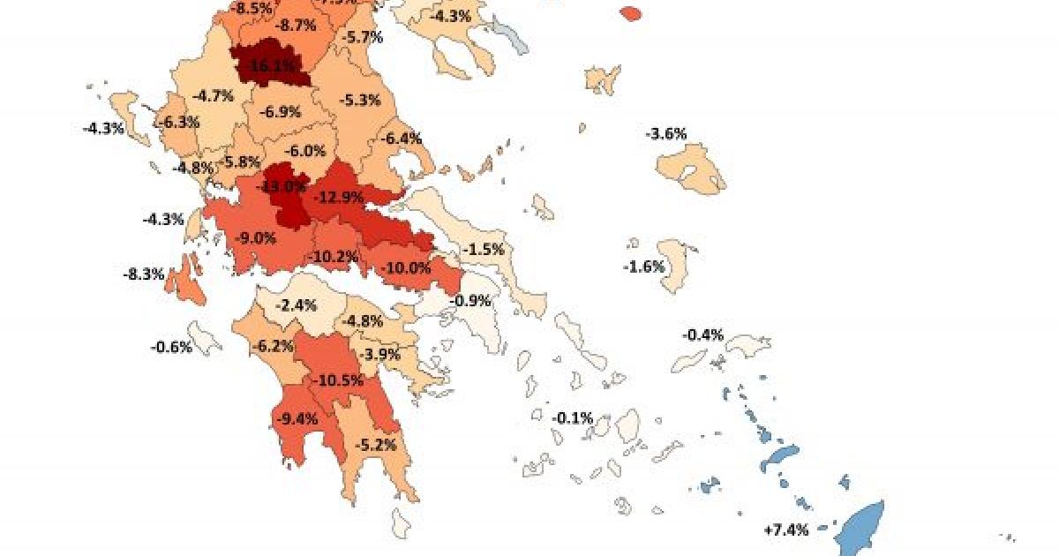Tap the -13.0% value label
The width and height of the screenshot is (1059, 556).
[x=280, y=187]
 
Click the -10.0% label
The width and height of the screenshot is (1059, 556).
[x=408, y=267]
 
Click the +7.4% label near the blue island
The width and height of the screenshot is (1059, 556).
[x=785, y=530]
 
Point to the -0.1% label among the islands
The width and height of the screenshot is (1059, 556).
[x=572, y=417]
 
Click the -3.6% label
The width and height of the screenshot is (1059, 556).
[x=666, y=134]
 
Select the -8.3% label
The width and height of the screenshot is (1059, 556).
[x=144, y=274]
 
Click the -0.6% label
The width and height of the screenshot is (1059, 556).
[x=170, y=347]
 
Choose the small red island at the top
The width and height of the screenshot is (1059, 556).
[x=629, y=13]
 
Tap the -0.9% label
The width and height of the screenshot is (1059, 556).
[x=470, y=300]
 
